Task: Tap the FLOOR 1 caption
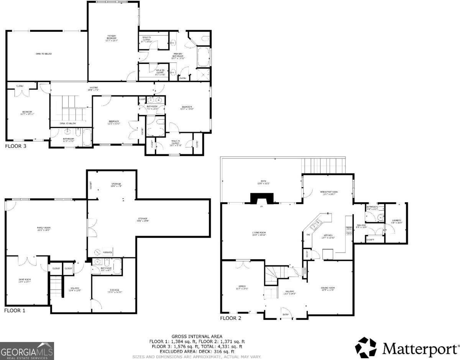[15, 310]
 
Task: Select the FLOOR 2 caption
[231, 318]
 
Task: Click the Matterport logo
[407, 348]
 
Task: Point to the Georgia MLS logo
[27, 351]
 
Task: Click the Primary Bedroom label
[112, 38]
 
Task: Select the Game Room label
[25, 280]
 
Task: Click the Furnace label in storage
[107, 252]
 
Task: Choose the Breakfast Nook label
[329, 193]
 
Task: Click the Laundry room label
[397, 221]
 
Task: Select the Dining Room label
[328, 288]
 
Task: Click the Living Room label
[259, 233]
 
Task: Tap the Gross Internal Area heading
[197, 336]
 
